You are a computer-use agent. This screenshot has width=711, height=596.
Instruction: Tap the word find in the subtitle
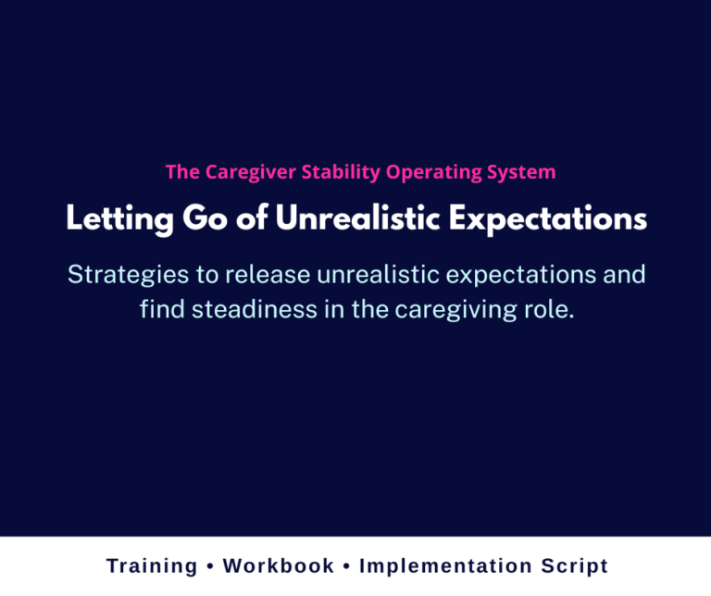(159, 309)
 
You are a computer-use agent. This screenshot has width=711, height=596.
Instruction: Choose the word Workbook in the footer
(279, 565)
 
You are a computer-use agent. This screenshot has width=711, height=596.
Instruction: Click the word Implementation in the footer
(440, 566)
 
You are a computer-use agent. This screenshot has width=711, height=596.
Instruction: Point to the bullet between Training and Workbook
(210, 566)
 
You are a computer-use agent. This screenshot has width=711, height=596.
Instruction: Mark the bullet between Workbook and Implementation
(346, 566)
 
